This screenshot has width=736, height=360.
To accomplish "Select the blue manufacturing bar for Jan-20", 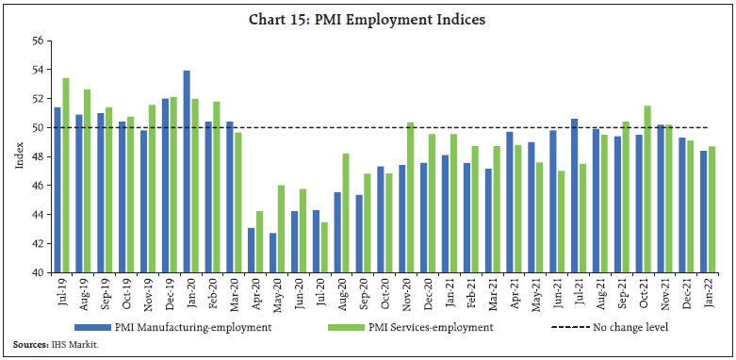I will pos(187,172).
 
